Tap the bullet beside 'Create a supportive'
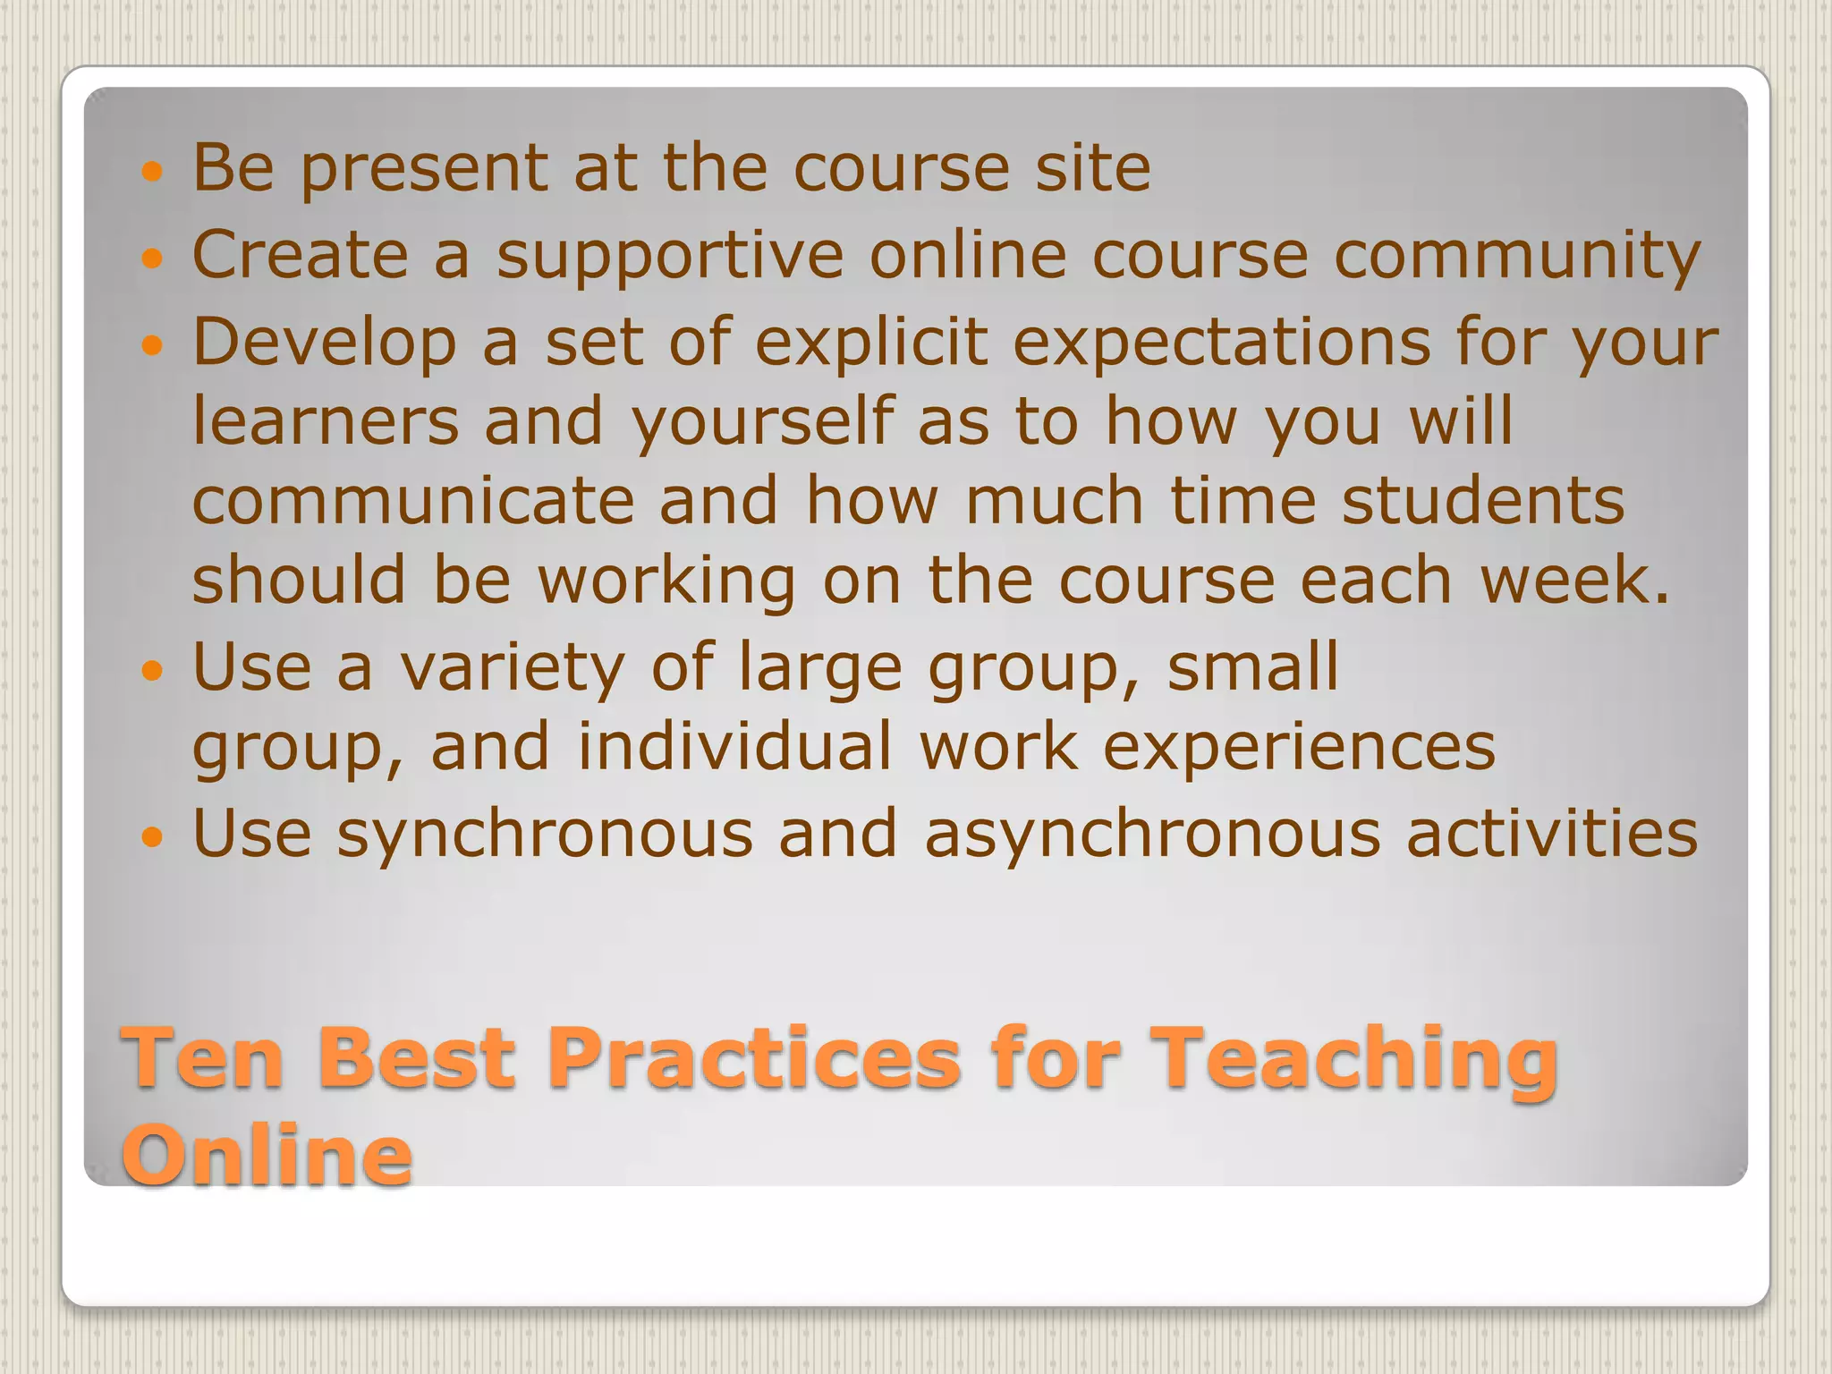pyautogui.click(x=153, y=259)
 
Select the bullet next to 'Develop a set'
pyautogui.click(x=153, y=345)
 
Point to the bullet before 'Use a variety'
pyautogui.click(x=153, y=670)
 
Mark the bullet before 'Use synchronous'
pyautogui.click(x=153, y=837)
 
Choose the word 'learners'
pyautogui.click(x=326, y=421)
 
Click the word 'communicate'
pyautogui.click(x=412, y=501)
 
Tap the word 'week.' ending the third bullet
pyautogui.click(x=1574, y=581)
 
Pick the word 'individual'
pyautogui.click(x=734, y=748)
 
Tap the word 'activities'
pyautogui.click(x=1551, y=834)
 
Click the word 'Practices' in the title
pyautogui.click(x=753, y=1059)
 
